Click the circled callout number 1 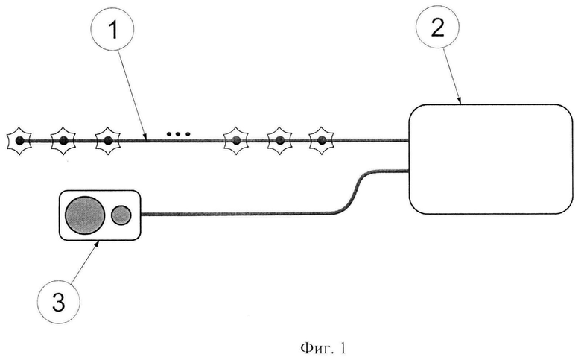(x=112, y=29)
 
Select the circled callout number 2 (x=437, y=27)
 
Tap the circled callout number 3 (x=59, y=302)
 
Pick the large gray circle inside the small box (x=85, y=215)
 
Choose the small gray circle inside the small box (x=121, y=215)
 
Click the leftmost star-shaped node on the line (x=19, y=141)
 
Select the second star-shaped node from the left (x=63, y=141)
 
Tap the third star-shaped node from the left (x=108, y=141)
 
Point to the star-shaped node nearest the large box (x=322, y=141)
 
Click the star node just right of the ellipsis (x=235, y=141)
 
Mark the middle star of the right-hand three (x=280, y=141)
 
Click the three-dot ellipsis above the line (x=178, y=133)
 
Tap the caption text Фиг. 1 (x=323, y=348)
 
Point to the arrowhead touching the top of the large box (x=460, y=101)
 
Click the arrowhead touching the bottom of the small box (x=97, y=243)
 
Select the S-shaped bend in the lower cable (x=353, y=192)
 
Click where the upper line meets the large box (x=409, y=141)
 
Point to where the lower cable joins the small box (x=141, y=215)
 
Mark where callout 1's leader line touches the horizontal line (x=146, y=140)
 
